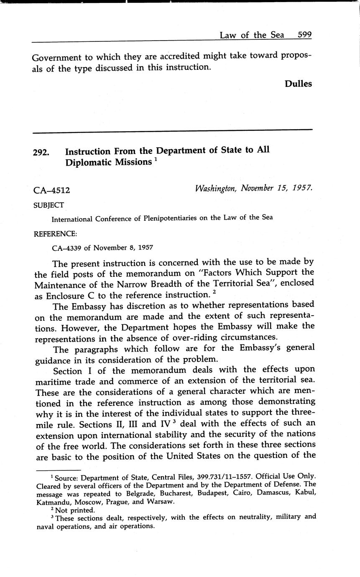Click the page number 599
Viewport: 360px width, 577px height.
(304, 35)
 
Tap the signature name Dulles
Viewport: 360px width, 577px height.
(298, 84)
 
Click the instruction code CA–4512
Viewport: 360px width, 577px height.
(51, 191)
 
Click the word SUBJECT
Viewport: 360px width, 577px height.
(49, 205)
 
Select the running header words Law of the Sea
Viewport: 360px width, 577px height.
(252, 35)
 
